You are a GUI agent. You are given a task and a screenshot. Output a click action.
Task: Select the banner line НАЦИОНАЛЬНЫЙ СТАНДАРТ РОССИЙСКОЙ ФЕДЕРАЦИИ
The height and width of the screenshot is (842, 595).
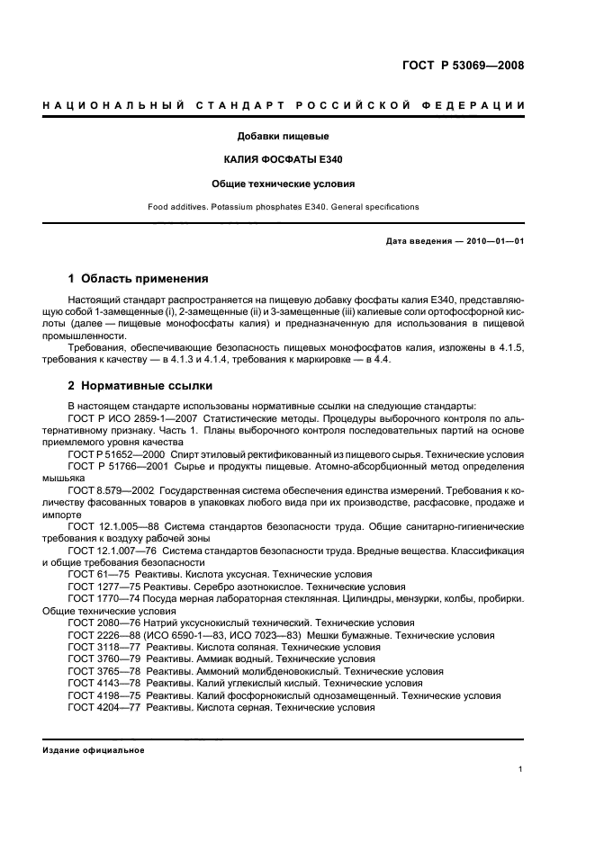pos(284,106)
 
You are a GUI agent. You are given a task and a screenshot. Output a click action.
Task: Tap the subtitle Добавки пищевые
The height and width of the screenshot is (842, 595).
pos(283,137)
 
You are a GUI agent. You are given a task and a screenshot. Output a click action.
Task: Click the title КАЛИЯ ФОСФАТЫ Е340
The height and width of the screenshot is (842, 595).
pos(283,159)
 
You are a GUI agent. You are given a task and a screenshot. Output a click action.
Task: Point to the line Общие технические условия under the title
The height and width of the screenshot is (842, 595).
pos(283,183)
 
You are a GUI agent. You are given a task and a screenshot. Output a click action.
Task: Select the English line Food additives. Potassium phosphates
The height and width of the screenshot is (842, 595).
pos(283,207)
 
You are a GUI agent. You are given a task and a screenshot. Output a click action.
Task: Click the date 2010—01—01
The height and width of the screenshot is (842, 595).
pos(494,241)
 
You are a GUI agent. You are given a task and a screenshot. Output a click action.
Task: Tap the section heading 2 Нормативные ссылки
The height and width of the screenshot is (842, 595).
pos(140,386)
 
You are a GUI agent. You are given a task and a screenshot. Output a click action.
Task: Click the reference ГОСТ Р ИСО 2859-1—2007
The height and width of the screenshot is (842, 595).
pos(132,419)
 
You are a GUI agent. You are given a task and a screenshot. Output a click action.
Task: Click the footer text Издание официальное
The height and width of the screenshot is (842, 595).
pos(94,750)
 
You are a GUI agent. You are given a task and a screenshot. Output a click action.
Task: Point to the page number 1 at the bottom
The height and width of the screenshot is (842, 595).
pos(521,768)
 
